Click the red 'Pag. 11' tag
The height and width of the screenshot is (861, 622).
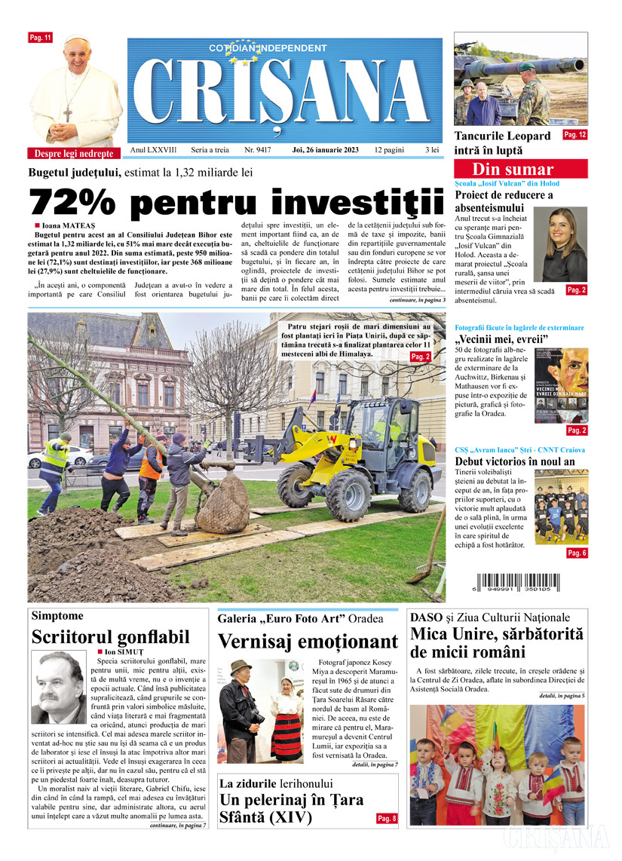[39, 37]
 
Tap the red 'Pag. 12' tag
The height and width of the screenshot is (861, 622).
[575, 135]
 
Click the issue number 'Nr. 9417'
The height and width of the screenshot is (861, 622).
[258, 151]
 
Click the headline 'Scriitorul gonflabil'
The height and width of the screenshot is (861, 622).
[110, 638]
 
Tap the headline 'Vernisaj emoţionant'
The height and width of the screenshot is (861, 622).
[308, 642]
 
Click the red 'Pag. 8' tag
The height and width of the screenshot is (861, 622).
[388, 818]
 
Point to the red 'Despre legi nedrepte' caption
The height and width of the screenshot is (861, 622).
[75, 153]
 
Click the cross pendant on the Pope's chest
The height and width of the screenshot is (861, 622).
[67, 114]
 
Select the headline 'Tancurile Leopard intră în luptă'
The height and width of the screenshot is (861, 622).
[502, 143]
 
